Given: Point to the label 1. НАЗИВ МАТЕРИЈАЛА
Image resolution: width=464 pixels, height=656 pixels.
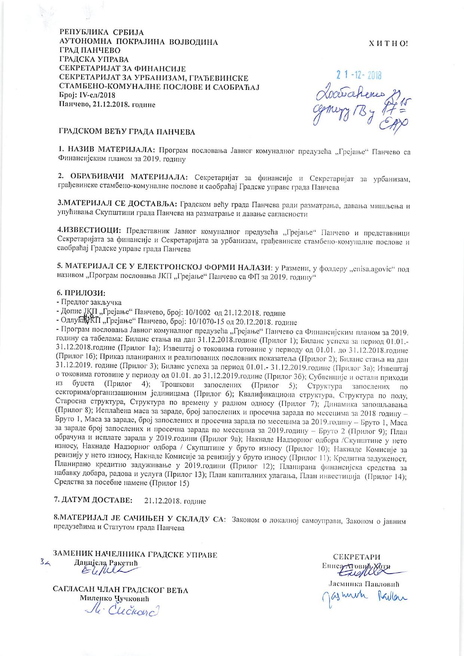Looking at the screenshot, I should tap(107, 151).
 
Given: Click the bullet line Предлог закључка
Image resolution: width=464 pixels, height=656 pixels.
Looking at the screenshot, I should tap(90, 302).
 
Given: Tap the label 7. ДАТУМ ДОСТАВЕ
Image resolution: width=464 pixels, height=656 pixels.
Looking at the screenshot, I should tap(93, 500).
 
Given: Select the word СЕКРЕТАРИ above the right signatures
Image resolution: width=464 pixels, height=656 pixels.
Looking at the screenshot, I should tap(357, 557).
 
